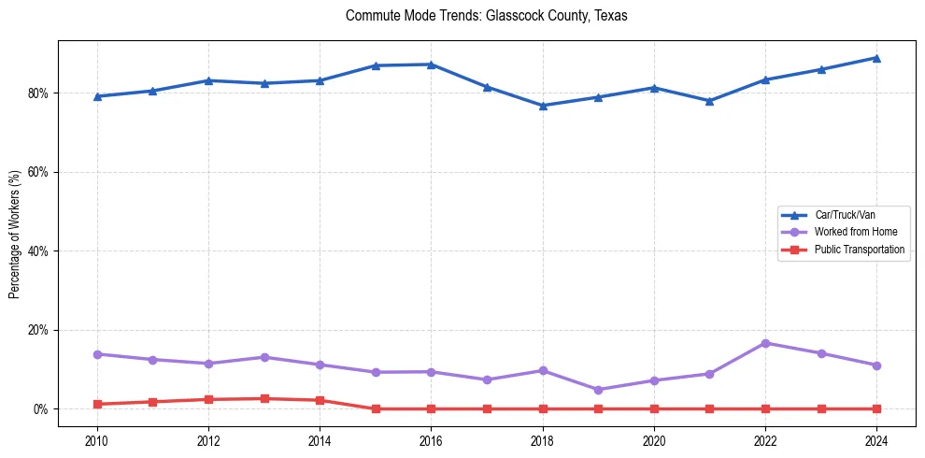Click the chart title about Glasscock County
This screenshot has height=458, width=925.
(x=486, y=16)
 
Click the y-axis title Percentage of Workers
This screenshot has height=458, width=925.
(x=15, y=234)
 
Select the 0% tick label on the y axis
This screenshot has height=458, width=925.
(x=41, y=409)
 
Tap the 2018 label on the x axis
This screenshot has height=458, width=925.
(x=543, y=440)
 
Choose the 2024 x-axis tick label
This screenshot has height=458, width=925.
(x=876, y=440)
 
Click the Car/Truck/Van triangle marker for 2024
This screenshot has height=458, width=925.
(x=876, y=58)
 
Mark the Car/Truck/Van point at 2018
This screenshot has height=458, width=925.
(x=543, y=106)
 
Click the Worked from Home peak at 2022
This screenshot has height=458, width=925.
(x=765, y=343)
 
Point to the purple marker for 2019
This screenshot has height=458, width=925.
(x=598, y=390)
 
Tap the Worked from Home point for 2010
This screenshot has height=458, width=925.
(x=97, y=354)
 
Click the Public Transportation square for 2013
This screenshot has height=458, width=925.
(x=264, y=398)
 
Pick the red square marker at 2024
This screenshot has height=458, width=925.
(x=876, y=408)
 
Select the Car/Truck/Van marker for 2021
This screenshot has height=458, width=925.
(x=709, y=101)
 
